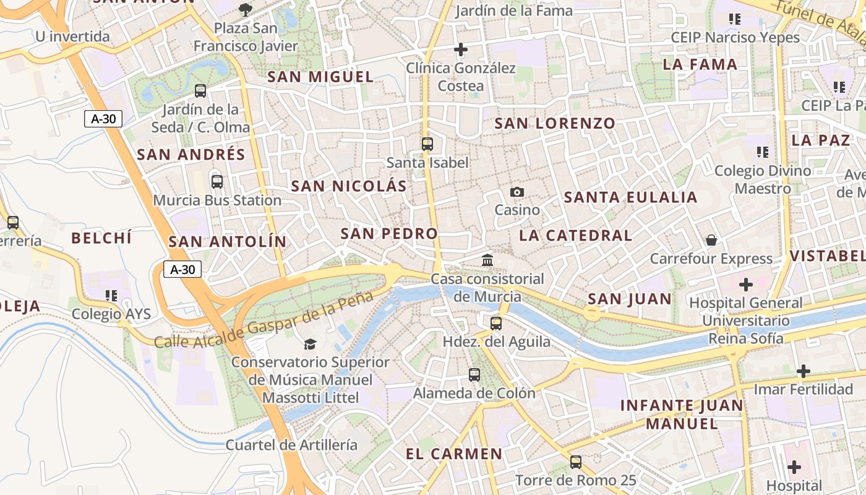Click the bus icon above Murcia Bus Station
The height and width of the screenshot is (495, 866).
coord(216,182)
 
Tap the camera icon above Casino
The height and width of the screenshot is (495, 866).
coord(517,192)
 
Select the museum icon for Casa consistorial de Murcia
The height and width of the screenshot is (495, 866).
coord(487,260)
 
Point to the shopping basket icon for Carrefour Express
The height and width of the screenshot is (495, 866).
coord(711,240)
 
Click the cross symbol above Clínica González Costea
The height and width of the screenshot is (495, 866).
coord(461,49)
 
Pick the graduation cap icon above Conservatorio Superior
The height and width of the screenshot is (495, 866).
coord(310,344)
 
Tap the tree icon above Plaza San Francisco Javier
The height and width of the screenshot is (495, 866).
coord(246,9)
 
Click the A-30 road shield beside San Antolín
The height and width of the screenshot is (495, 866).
coord(182,269)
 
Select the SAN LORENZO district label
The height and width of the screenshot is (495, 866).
coord(555,123)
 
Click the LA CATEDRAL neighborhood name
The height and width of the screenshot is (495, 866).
coord(575,235)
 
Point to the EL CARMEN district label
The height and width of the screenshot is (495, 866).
coord(454,454)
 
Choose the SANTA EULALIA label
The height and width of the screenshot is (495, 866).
coord(630,197)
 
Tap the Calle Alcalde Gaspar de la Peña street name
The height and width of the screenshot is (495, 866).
coord(264,319)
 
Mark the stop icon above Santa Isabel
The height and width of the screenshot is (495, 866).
coord(427,144)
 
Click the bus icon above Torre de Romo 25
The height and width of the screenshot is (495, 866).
coord(576,462)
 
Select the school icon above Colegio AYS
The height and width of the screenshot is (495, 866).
coord(111,296)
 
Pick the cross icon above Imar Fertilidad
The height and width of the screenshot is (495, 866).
coord(803,371)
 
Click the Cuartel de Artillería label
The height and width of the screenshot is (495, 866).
coord(291,444)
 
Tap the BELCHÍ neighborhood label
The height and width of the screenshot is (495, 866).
coord(101,238)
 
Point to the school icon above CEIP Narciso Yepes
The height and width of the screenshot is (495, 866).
coord(735,19)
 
